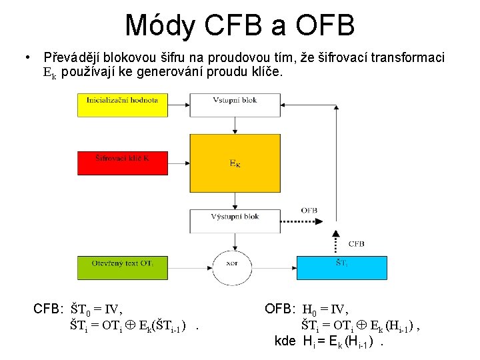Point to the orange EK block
pyautogui.click(x=235, y=163)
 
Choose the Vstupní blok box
pyautogui.click(x=235, y=104)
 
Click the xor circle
pyautogui.click(x=232, y=264)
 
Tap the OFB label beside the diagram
pyautogui.click(x=309, y=211)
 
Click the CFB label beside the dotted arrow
pyautogui.click(x=356, y=244)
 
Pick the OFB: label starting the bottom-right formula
pyautogui.click(x=280, y=309)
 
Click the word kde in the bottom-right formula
pyautogui.click(x=286, y=341)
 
